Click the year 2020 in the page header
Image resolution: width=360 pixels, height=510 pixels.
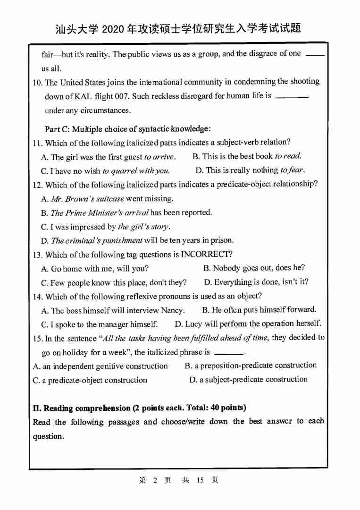(111, 29)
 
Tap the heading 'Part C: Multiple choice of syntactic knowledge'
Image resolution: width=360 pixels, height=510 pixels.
(127, 129)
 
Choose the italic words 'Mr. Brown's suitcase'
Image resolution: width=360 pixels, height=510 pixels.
(87, 199)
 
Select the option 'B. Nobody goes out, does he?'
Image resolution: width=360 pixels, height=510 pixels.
(254, 268)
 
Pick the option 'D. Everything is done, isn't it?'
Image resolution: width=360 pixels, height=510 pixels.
(256, 282)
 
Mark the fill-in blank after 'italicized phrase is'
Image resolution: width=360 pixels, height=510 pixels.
(228, 353)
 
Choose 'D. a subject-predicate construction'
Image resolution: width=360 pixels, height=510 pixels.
(248, 380)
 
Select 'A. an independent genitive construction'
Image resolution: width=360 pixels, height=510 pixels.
(100, 366)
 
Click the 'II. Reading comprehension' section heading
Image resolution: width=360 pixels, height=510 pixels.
(139, 408)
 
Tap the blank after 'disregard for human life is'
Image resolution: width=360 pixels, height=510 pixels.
(291, 97)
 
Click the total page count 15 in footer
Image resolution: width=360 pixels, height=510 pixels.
(200, 480)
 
